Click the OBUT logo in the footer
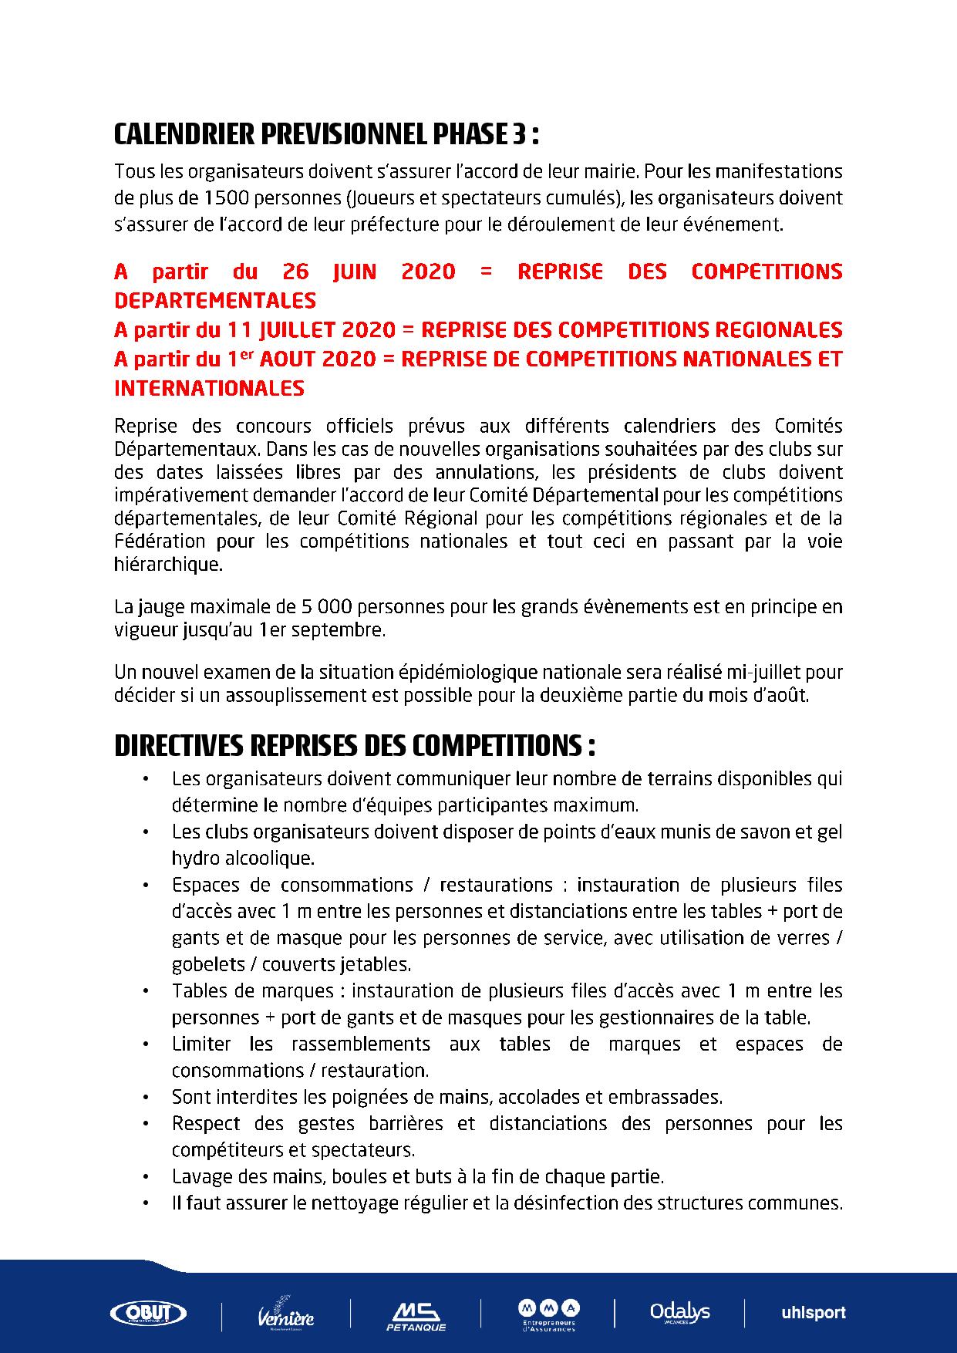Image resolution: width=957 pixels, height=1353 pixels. [x=149, y=1312]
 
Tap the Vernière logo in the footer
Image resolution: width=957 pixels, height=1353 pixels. [x=285, y=1314]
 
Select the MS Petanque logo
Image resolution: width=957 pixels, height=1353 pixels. [x=416, y=1314]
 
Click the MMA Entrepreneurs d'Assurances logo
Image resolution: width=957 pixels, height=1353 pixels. [x=548, y=1313]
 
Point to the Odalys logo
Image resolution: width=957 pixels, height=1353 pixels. [x=679, y=1311]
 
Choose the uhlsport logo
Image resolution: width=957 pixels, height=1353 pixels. [x=814, y=1312]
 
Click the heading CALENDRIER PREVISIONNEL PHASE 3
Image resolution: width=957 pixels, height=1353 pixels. [x=325, y=135]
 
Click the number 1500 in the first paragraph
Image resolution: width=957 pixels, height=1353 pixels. [x=224, y=197]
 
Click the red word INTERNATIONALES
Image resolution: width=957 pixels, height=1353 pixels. [x=209, y=388]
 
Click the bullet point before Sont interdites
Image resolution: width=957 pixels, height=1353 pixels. [x=146, y=1097]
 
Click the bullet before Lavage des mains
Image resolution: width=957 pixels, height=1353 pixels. [x=146, y=1177]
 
